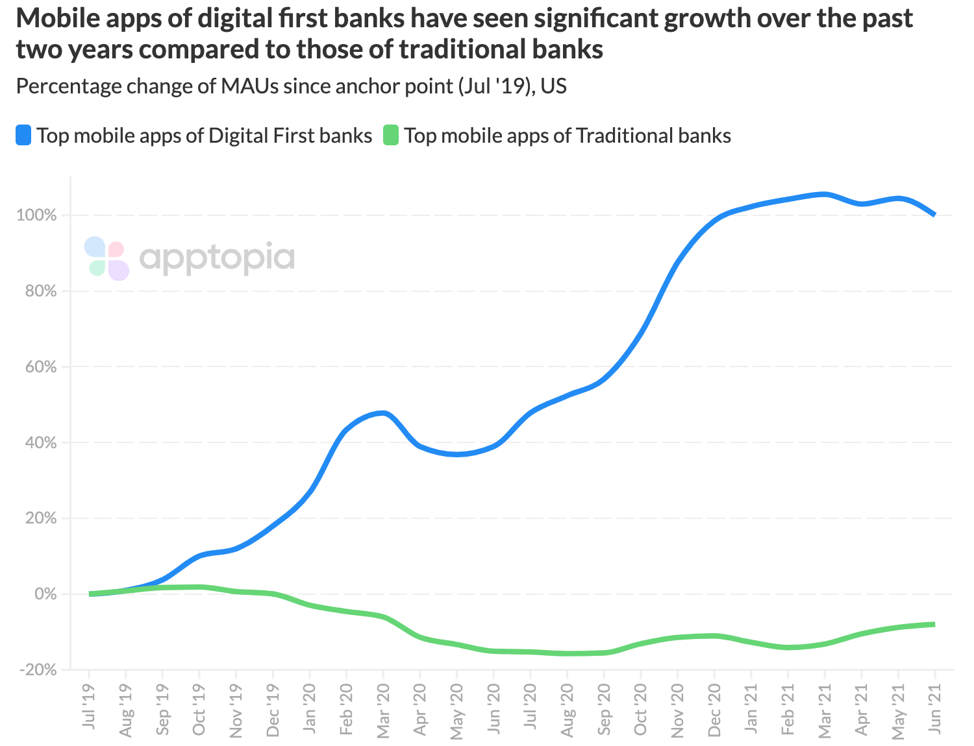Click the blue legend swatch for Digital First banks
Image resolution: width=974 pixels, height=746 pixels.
coord(24,136)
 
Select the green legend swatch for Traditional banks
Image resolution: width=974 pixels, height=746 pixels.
coord(391,136)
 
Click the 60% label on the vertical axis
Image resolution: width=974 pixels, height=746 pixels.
coord(42,367)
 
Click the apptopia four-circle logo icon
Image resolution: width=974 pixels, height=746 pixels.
coord(107,259)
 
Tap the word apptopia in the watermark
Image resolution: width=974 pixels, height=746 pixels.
coord(217,259)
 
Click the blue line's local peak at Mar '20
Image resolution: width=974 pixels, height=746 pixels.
coord(383,413)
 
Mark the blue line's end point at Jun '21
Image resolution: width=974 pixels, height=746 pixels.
coord(934,214)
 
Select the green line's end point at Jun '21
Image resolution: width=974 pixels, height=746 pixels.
coord(934,624)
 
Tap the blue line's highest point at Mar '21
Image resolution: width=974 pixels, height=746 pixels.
coord(825,194)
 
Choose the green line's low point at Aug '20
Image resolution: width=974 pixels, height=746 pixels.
coord(568,653)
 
